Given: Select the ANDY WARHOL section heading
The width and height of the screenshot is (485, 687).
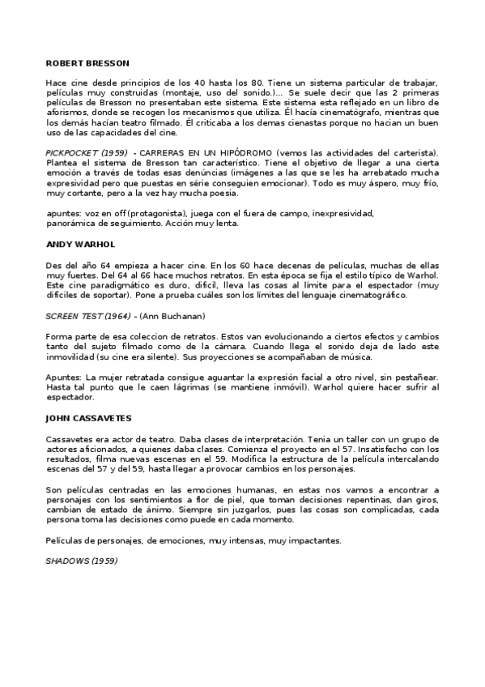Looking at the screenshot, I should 81,244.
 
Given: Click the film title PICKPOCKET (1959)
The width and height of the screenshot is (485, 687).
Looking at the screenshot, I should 84,153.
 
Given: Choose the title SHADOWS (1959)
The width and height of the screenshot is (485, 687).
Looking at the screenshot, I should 82,561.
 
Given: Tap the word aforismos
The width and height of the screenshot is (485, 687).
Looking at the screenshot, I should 66,114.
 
